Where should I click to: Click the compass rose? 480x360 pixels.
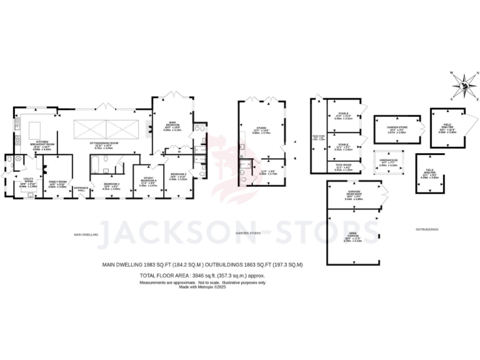click(x=462, y=85)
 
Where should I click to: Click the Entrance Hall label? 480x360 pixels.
click(x=81, y=189)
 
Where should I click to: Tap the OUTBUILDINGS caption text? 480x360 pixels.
click(x=427, y=229)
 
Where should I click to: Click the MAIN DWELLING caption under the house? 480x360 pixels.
click(x=88, y=234)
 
